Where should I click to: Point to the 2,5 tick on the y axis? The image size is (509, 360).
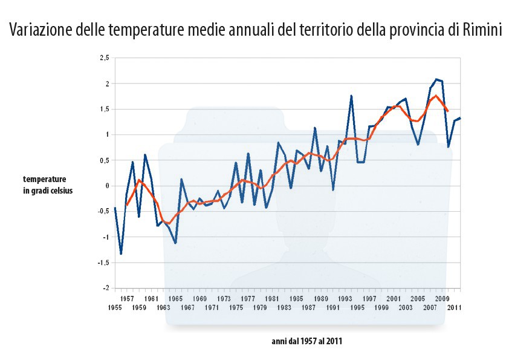pos(105,58)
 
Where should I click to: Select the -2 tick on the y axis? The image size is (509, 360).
pos(106,288)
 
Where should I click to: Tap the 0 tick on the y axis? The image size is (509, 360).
pos(108,186)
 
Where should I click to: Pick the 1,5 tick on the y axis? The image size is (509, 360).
pos(105,109)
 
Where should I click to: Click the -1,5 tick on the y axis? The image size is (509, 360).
pos(104,263)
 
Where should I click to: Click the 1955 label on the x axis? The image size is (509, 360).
pos(115,307)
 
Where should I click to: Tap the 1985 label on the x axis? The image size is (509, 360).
pos(296,298)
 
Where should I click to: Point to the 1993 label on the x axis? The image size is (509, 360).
pos(345,298)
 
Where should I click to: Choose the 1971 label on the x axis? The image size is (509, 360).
pos(212,307)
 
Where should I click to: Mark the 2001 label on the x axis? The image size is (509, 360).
pos(393,298)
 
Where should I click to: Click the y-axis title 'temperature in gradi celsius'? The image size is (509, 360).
pos(47,185)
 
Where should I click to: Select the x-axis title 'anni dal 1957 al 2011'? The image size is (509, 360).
pos(307,341)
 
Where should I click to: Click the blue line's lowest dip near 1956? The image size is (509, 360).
pos(121,254)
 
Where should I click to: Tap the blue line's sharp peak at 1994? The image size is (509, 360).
pos(351,96)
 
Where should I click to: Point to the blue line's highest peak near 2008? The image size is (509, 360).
pos(436,79)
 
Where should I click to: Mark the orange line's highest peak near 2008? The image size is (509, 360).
pos(436,95)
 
